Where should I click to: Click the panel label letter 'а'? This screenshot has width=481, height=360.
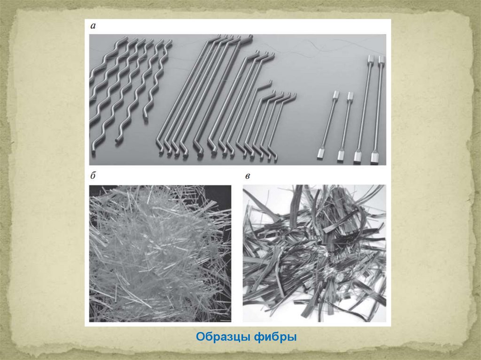[x=93, y=26]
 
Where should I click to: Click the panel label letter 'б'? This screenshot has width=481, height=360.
[x=93, y=176]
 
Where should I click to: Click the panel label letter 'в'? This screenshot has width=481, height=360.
[x=248, y=176]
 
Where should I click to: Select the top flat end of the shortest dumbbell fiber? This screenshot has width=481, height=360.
[x=335, y=94]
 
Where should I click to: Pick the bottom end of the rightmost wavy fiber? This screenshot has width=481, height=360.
[x=145, y=116]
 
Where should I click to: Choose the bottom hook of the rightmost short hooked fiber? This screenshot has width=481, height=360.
[x=275, y=157]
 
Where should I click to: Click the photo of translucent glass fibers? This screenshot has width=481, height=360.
[x=160, y=253]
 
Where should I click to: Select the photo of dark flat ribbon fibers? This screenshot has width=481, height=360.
[x=314, y=253]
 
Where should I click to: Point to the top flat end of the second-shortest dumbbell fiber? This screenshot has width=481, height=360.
[x=350, y=96]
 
